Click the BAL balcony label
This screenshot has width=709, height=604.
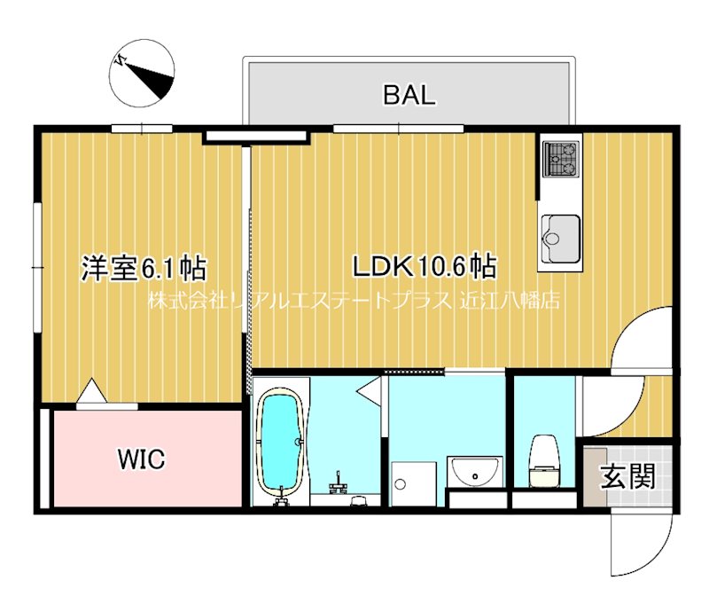click(x=409, y=95)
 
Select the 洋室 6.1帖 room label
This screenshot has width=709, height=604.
click(x=144, y=267)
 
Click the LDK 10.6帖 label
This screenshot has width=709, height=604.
click(x=424, y=265)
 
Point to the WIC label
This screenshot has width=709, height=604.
click(x=142, y=459)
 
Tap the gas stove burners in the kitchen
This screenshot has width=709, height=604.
click(x=560, y=159)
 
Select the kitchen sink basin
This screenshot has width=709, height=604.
click(x=560, y=233)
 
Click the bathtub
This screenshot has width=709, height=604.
click(x=280, y=440)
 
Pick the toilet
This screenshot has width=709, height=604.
click(x=542, y=460)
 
